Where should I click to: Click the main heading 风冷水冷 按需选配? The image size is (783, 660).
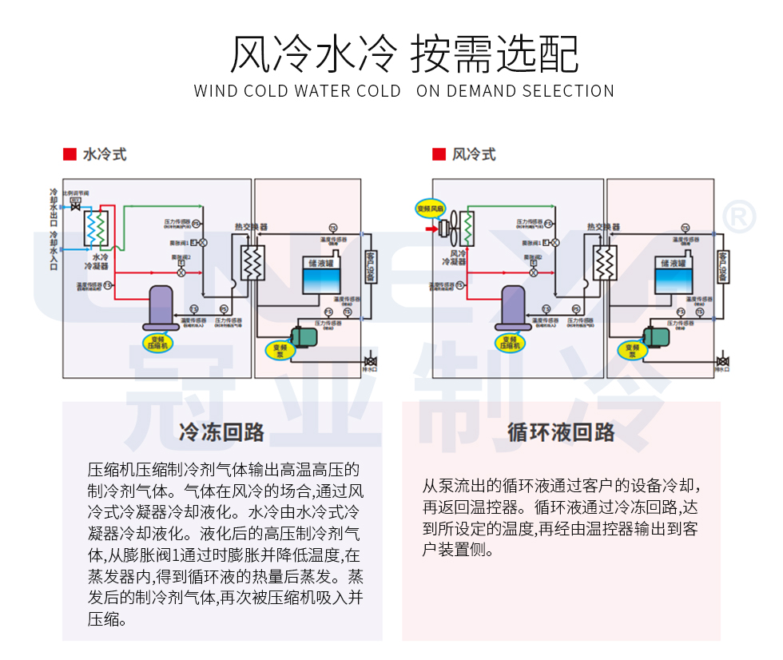pos(404,54)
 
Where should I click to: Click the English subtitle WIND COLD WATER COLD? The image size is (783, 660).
pos(297,91)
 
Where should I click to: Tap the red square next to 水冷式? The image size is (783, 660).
pos(70,153)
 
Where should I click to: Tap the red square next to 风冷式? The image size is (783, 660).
pos(439,153)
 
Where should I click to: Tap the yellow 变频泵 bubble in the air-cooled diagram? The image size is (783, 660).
pos(632,350)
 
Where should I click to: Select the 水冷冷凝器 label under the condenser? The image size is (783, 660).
pos(100,261)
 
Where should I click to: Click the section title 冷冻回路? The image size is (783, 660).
pos(222,432)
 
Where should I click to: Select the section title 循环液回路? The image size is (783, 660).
pos(561,432)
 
